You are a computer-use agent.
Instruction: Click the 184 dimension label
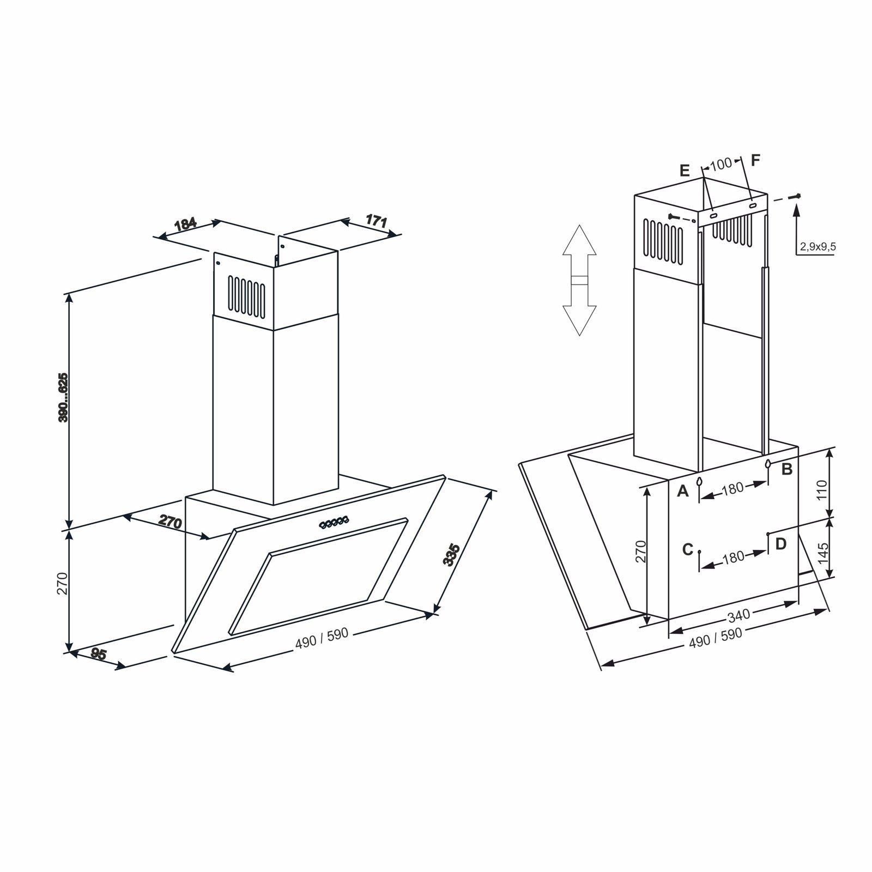click(185, 224)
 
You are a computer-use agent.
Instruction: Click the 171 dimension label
click(376, 221)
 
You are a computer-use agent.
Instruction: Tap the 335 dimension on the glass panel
click(452, 555)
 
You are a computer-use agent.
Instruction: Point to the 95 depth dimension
click(98, 654)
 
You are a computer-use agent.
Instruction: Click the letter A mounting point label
click(683, 492)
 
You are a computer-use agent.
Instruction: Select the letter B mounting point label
click(786, 469)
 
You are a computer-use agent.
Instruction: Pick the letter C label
click(688, 549)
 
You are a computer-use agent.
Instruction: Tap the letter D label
click(781, 543)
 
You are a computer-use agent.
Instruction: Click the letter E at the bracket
click(685, 171)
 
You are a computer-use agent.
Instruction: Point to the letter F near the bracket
click(755, 160)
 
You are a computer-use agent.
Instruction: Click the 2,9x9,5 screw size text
click(818, 247)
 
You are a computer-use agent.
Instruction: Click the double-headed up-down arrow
click(579, 280)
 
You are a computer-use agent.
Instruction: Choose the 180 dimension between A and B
click(732, 489)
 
